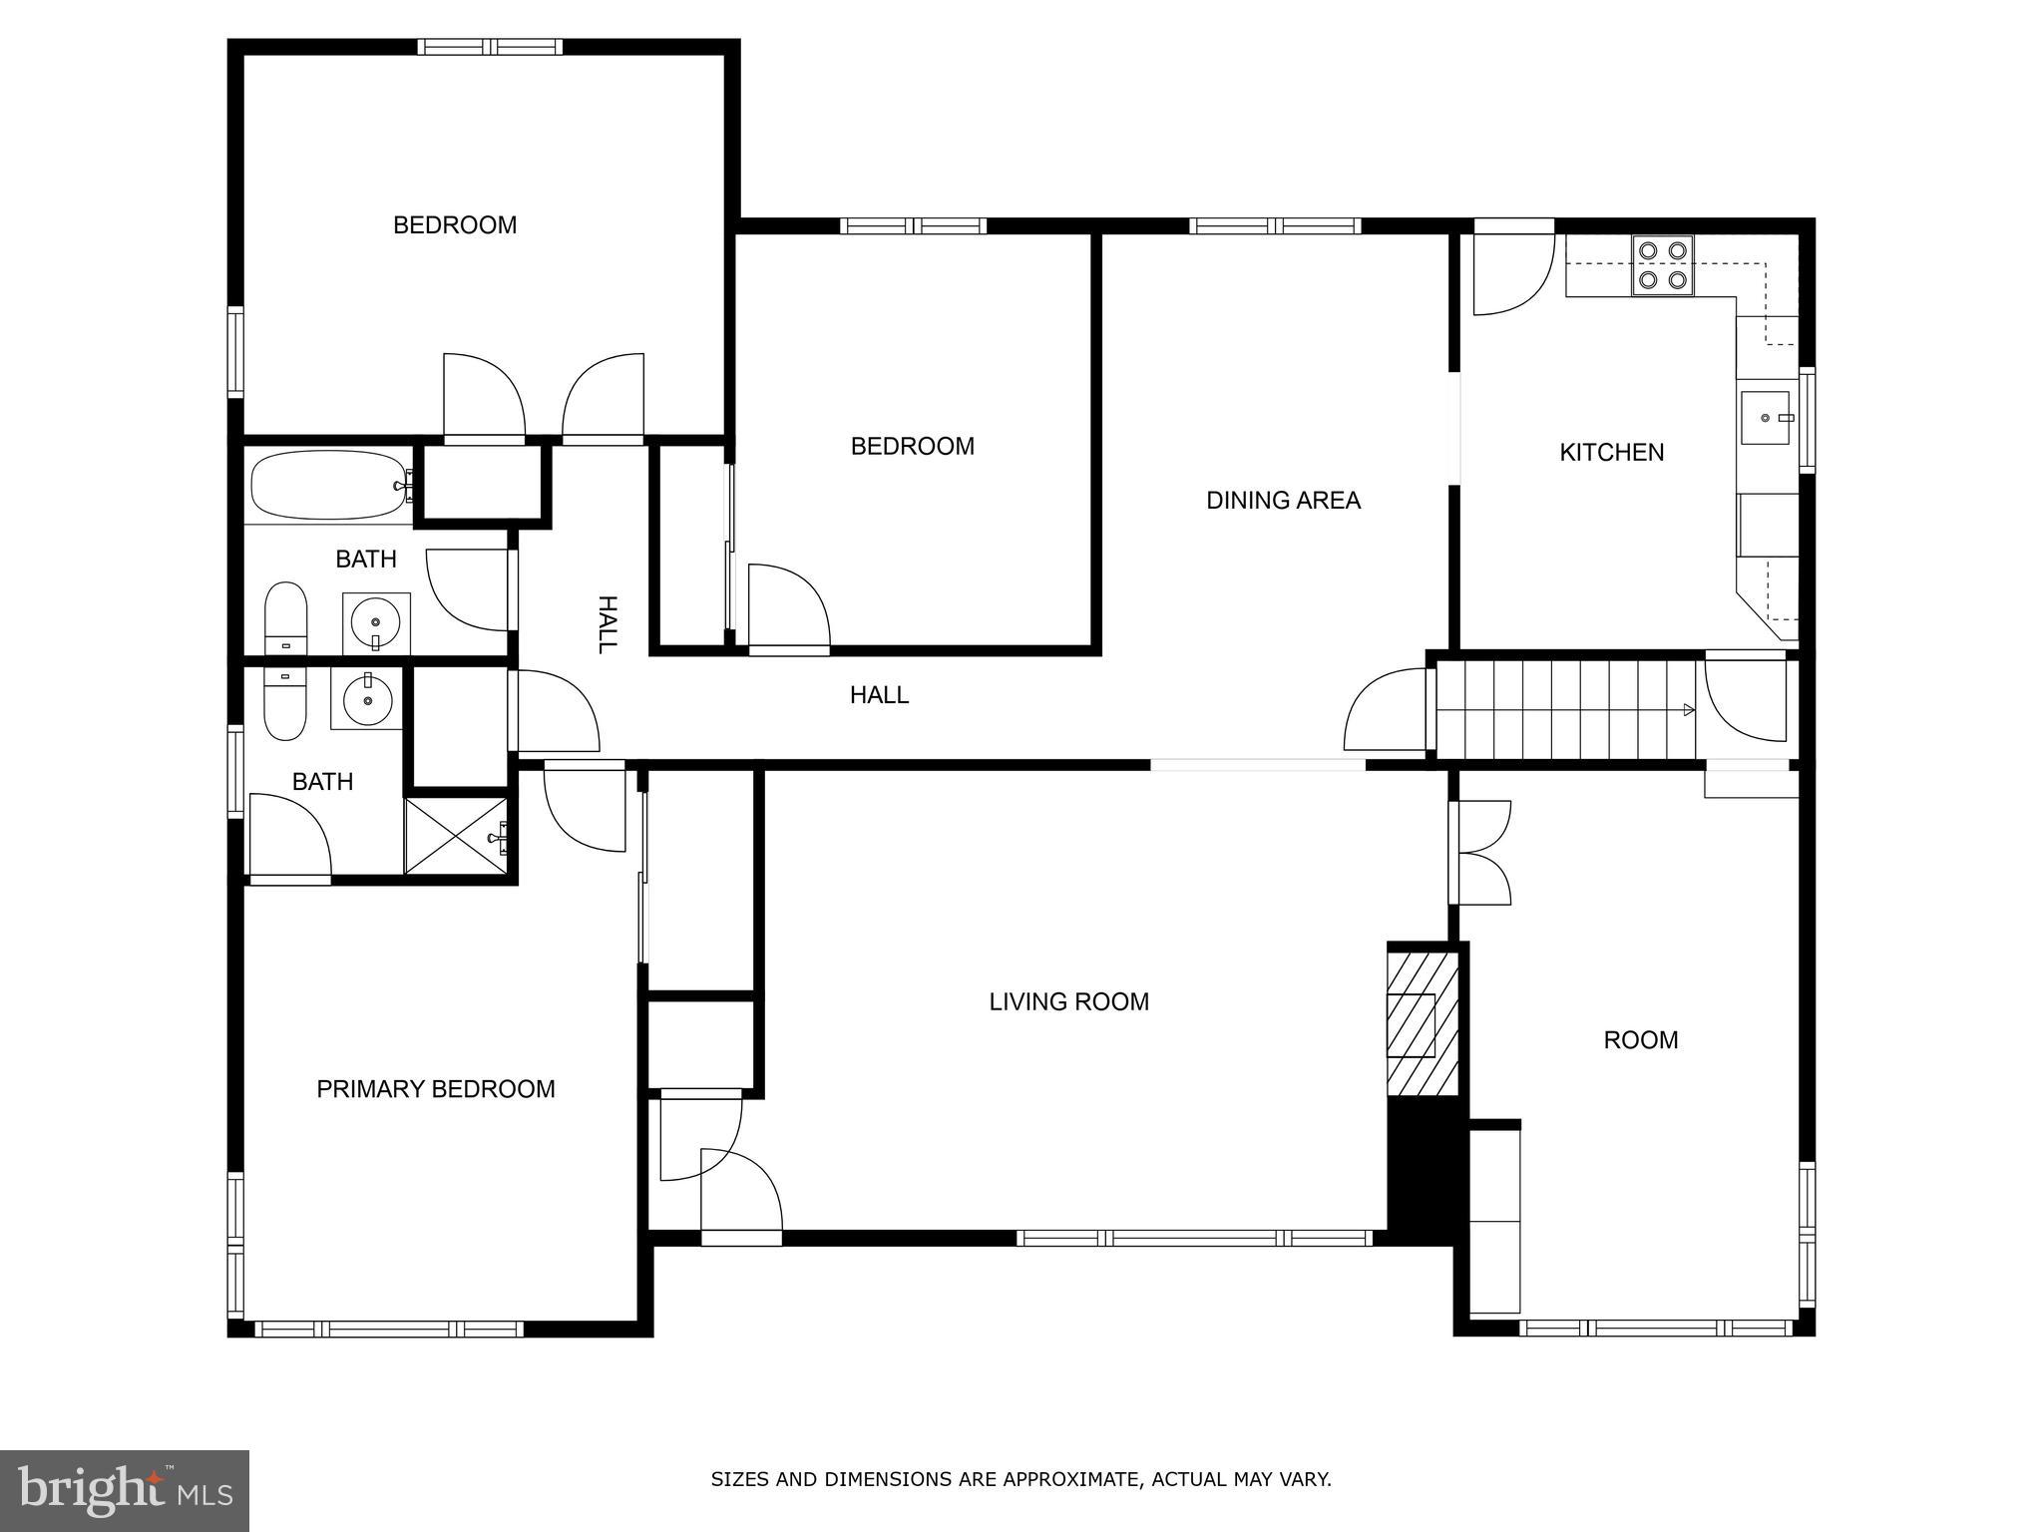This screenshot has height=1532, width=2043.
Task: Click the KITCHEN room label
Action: click(x=1611, y=453)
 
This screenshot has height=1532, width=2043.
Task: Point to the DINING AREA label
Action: click(x=1283, y=501)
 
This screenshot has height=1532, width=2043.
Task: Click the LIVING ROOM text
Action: click(x=1068, y=1001)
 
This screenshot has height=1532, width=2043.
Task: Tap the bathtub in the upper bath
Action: click(x=328, y=486)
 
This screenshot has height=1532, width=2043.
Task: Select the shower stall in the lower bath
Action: click(x=456, y=836)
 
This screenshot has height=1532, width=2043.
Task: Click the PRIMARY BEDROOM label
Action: click(x=435, y=1089)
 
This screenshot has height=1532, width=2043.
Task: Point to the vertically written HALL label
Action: click(x=607, y=624)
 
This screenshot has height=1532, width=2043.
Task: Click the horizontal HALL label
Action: click(x=879, y=695)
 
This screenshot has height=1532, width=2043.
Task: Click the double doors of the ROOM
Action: click(x=1482, y=853)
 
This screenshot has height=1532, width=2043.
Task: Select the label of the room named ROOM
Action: click(x=1640, y=1040)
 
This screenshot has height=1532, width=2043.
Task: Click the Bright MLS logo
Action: click(x=125, y=1490)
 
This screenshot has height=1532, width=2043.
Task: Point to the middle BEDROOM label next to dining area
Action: click(x=912, y=447)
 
